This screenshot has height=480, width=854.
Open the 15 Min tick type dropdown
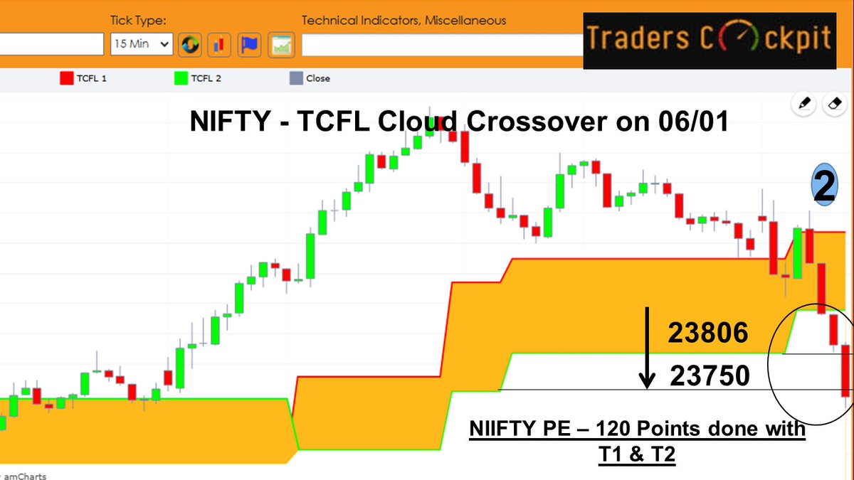142,44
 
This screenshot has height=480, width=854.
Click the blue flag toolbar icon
249,45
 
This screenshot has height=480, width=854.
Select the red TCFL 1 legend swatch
66,78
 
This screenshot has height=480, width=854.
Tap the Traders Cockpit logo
710,40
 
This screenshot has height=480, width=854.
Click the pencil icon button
805,104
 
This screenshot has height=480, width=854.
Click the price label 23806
707,333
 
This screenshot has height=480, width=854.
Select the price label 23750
710,375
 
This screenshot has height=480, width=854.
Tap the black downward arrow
647,348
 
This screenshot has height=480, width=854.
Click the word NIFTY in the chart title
227,122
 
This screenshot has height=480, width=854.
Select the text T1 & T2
636,453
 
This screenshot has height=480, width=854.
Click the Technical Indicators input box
441,45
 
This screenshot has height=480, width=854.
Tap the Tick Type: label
138,20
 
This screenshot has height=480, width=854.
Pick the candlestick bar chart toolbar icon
219,45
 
